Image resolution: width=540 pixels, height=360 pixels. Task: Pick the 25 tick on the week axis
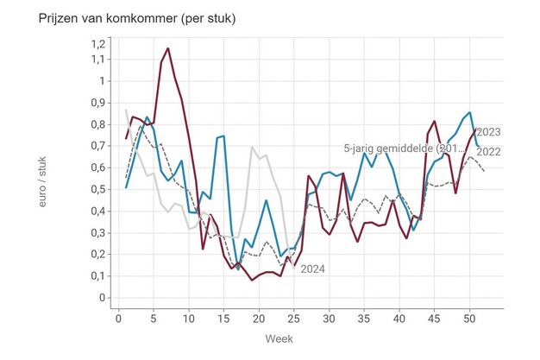[x=294, y=317]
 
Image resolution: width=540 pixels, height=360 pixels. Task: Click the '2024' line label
[x=312, y=269]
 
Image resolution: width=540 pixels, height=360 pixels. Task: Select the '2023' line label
[x=488, y=132]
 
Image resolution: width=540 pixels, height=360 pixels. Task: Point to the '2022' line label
[x=488, y=152]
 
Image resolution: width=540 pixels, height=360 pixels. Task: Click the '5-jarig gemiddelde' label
[x=405, y=148]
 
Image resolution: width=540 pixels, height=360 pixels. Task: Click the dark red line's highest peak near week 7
[x=167, y=48]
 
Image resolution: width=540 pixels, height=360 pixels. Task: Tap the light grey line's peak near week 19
[x=252, y=148]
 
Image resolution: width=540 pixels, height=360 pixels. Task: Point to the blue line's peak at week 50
[x=468, y=113]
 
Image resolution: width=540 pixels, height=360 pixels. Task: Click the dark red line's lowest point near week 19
[x=252, y=280]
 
